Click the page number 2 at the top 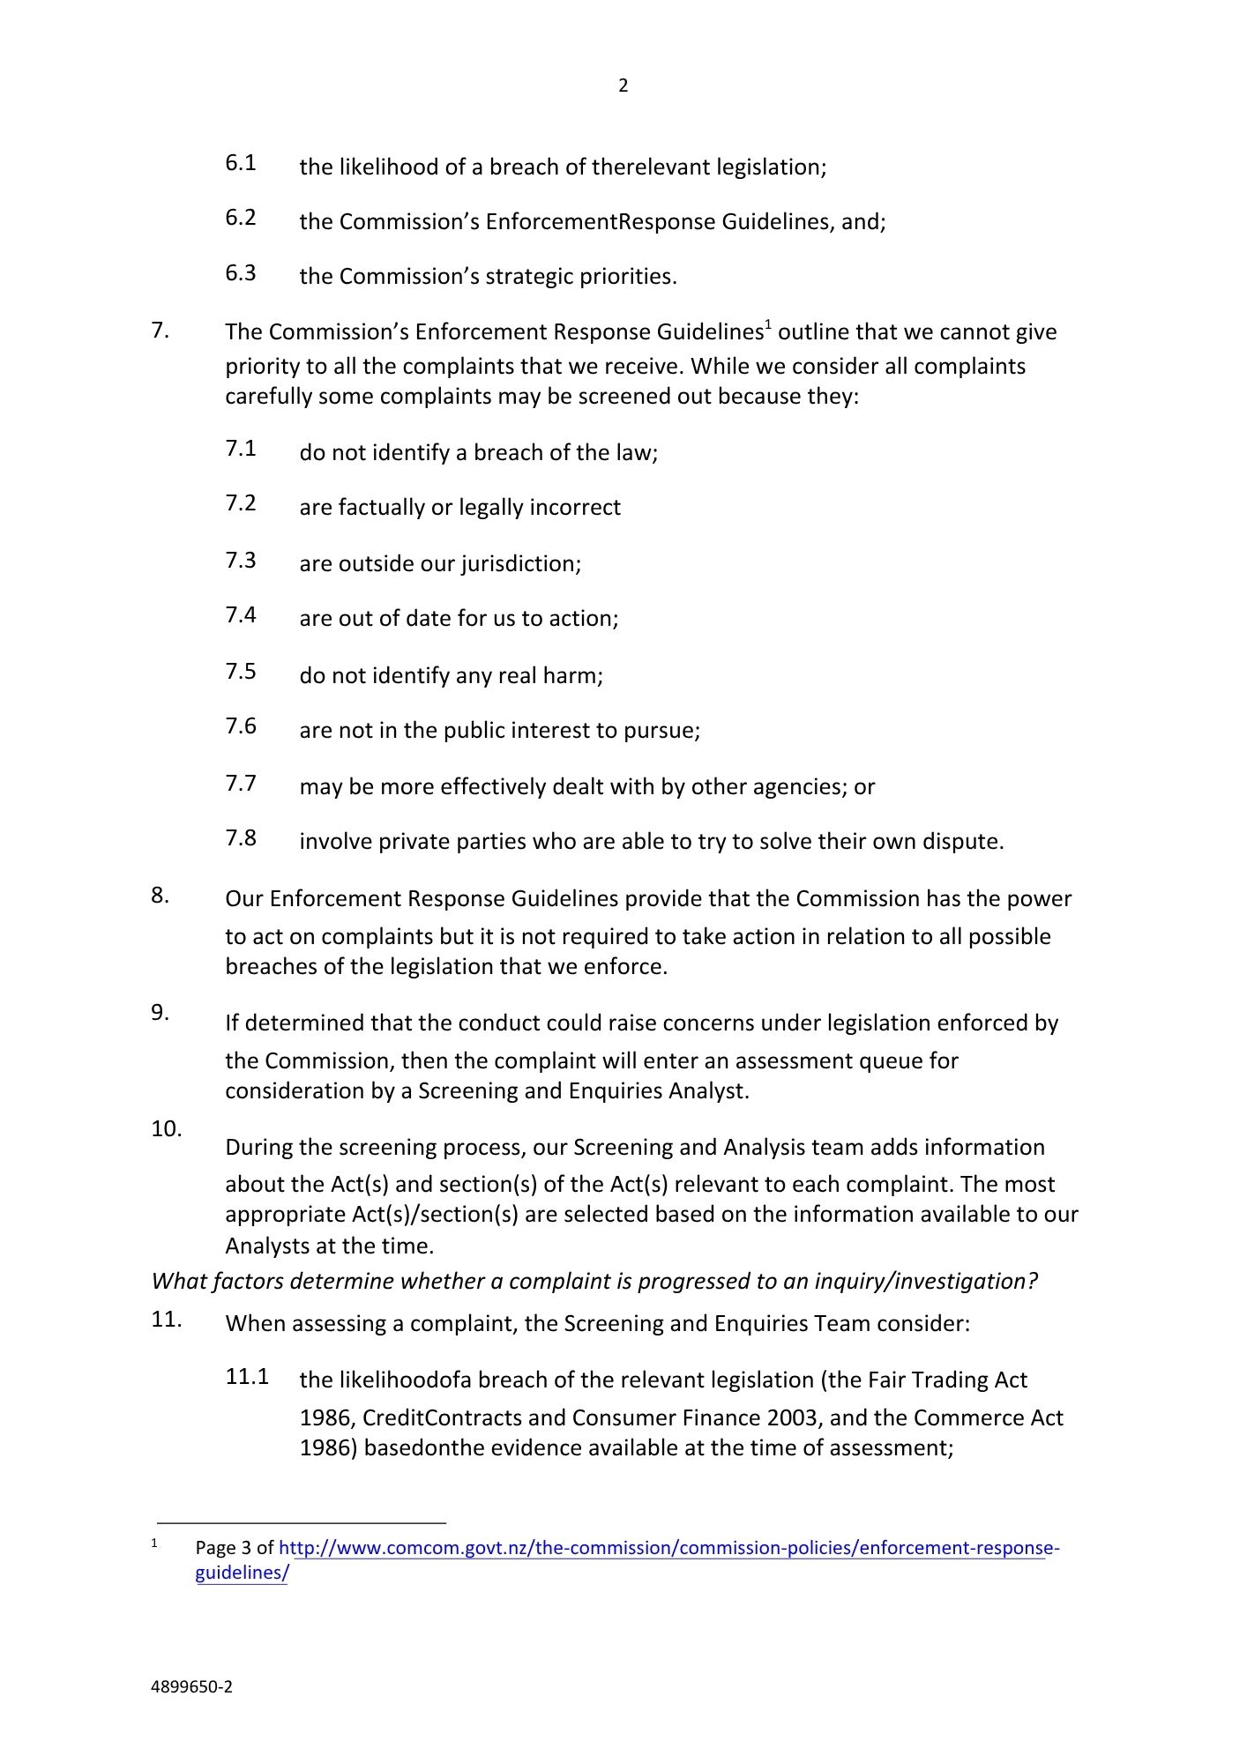[623, 86]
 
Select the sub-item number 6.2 [241, 218]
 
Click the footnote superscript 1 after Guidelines [768, 325]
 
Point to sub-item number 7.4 [241, 615]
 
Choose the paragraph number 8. [160, 896]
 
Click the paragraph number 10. [166, 1129]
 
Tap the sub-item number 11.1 [247, 1377]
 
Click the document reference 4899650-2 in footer [192, 1687]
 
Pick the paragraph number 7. [160, 331]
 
